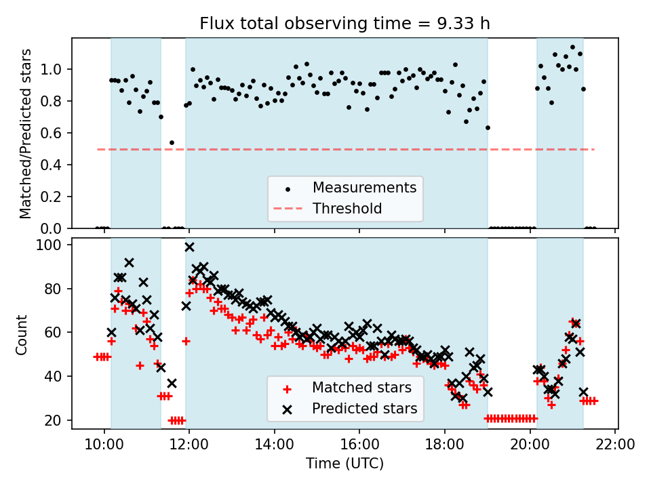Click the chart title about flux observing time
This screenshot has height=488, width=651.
click(344, 24)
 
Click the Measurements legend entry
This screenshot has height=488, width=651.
click(364, 187)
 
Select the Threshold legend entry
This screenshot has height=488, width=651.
click(347, 208)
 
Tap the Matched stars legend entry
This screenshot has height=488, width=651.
click(361, 388)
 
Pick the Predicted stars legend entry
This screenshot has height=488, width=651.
click(364, 409)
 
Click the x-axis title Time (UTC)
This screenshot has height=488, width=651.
click(344, 464)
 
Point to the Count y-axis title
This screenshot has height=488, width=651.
click(22, 334)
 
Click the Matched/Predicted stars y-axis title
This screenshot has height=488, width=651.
click(26, 134)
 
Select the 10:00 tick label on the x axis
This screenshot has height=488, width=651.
click(104, 445)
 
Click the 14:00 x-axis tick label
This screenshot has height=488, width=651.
click(274, 445)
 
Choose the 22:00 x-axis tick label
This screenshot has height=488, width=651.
click(615, 445)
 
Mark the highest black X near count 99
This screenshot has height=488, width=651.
click(189, 247)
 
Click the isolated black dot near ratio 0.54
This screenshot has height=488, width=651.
click(172, 142)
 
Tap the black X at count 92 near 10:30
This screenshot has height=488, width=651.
click(129, 262)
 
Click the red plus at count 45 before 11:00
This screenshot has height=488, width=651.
click(140, 365)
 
